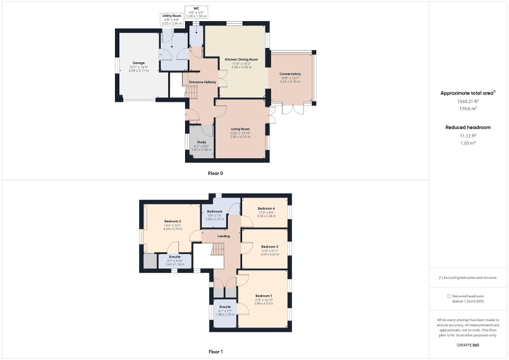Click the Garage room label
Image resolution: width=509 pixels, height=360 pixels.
click(x=139, y=63)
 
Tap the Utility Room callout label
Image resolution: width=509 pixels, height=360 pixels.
click(x=171, y=16)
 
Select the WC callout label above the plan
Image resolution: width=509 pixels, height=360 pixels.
click(x=196, y=8)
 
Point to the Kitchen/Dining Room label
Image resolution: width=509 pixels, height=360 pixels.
click(x=242, y=60)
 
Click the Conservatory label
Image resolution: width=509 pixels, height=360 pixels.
click(x=290, y=74)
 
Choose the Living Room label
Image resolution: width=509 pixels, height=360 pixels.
click(x=240, y=129)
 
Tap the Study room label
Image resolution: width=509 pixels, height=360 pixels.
click(x=201, y=142)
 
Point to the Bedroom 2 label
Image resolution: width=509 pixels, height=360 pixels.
click(x=172, y=221)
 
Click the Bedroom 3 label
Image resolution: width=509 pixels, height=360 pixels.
click(x=269, y=247)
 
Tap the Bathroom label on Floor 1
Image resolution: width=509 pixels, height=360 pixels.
click(x=215, y=212)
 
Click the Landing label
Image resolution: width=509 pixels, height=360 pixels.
click(x=224, y=236)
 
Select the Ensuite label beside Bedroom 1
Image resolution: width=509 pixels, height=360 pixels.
click(x=225, y=306)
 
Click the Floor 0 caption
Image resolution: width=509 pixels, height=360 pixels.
click(x=215, y=173)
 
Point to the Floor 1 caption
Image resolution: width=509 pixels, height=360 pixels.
click(x=215, y=352)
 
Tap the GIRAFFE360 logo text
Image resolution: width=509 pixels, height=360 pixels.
click(x=468, y=345)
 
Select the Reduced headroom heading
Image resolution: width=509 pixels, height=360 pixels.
click(x=468, y=128)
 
